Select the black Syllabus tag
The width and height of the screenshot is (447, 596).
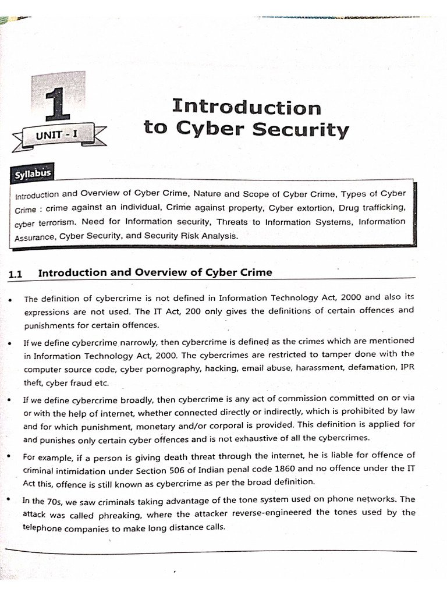33,173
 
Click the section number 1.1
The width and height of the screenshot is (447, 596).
16,274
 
